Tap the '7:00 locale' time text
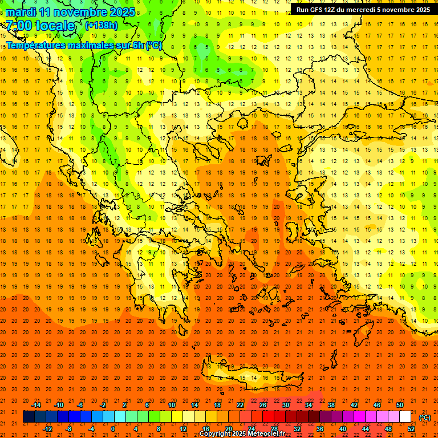(x=40, y=26)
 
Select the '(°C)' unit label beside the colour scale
(x=425, y=418)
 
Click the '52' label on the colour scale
(x=411, y=429)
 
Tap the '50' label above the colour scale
(x=400, y=405)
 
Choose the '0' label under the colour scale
(x=113, y=429)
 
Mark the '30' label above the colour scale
(x=286, y=405)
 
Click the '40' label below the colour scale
(x=343, y=429)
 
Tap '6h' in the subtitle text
(x=137, y=45)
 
